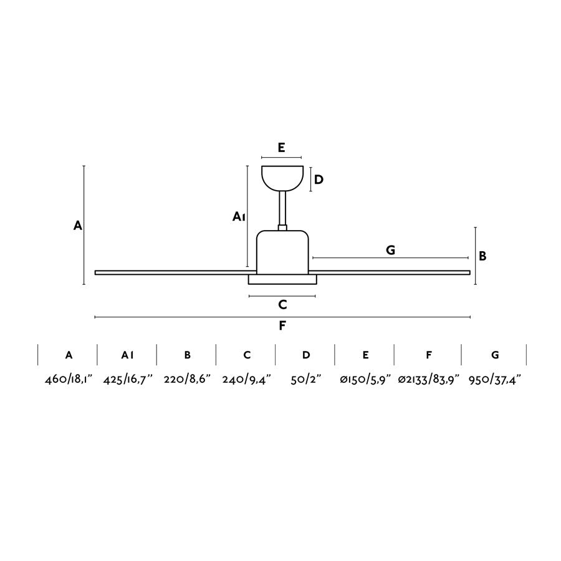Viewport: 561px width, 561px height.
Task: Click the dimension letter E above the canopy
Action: coord(281,147)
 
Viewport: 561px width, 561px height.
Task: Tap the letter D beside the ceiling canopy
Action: coord(319,180)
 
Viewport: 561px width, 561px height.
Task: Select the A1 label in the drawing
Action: coord(239,216)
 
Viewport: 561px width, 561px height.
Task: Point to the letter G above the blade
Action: coord(391,250)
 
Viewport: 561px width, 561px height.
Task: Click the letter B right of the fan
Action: coord(482,256)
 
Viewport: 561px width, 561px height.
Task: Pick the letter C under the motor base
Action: coord(282,305)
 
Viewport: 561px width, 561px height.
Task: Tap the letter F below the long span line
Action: coord(282,325)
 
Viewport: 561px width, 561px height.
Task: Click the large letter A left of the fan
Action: coord(78,226)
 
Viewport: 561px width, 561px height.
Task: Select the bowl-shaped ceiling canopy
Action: coord(282,178)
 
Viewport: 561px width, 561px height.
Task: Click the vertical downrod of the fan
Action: coord(282,208)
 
